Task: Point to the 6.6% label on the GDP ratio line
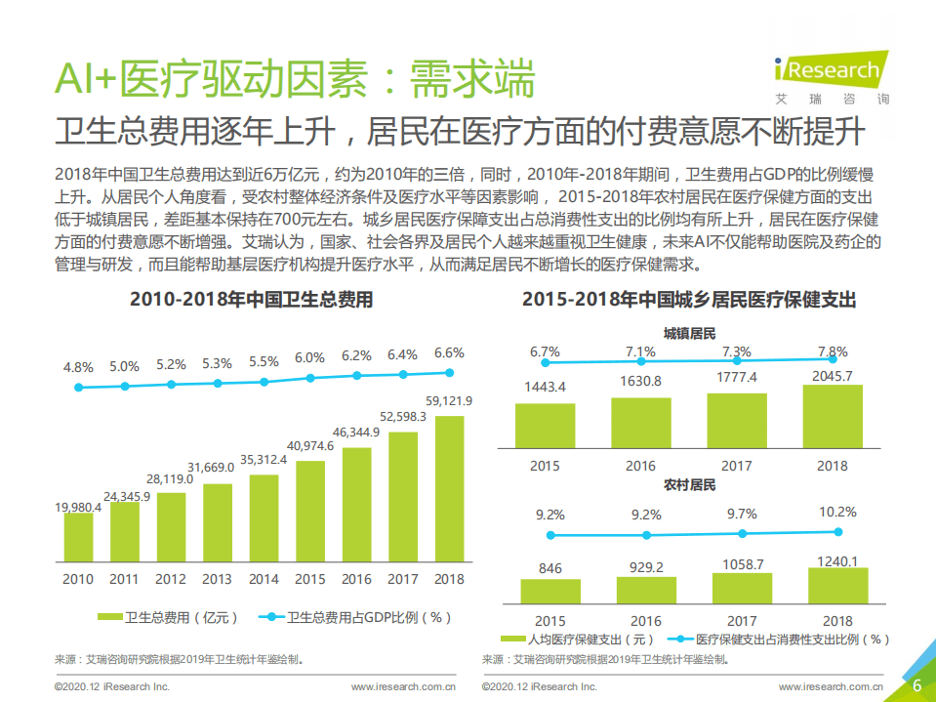[449, 353]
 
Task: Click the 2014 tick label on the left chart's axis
[264, 579]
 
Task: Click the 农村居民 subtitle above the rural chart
[690, 484]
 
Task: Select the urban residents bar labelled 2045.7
[833, 416]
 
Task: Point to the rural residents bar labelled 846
[549, 591]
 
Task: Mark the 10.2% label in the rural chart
[837, 512]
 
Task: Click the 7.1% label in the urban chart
[640, 351]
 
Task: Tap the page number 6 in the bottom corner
[916, 685]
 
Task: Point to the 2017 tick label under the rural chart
[742, 621]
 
